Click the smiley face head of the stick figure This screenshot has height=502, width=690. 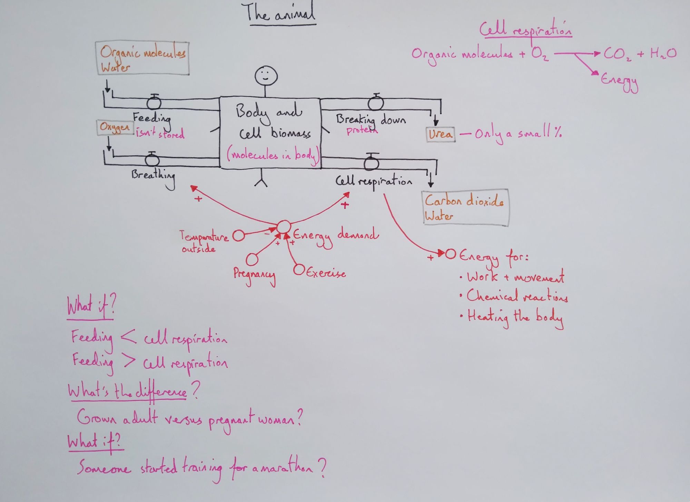pyautogui.click(x=266, y=76)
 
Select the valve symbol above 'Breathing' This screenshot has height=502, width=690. pyautogui.click(x=152, y=159)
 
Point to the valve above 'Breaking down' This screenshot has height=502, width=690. pyautogui.click(x=376, y=102)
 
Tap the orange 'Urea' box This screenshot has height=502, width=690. pyautogui.click(x=441, y=134)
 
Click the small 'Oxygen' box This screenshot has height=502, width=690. pyautogui.click(x=115, y=127)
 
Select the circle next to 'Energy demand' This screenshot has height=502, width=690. pyautogui.click(x=284, y=227)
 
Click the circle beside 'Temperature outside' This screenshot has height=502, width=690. pyautogui.click(x=238, y=236)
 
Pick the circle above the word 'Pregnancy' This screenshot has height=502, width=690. pyautogui.click(x=252, y=259)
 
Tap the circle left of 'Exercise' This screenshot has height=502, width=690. pyautogui.click(x=299, y=269)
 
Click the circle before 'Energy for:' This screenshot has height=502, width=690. pyautogui.click(x=450, y=254)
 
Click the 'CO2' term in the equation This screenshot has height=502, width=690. pyautogui.click(x=617, y=54)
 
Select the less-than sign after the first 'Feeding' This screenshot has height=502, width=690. pyautogui.click(x=128, y=337)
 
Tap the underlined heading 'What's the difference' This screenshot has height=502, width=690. pyautogui.click(x=128, y=392)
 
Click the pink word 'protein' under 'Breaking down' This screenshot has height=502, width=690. pyautogui.click(x=362, y=130)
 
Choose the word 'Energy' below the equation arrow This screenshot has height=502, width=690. pyautogui.click(x=619, y=81)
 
